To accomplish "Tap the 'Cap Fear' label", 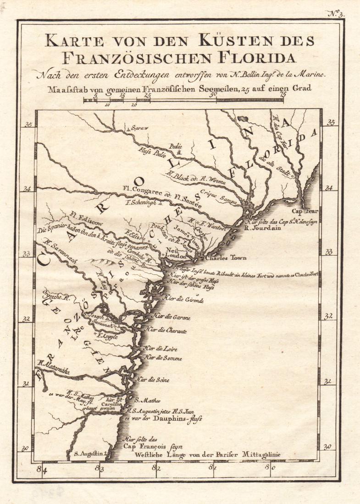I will coord(306,212).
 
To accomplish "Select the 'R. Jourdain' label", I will coord(263,226).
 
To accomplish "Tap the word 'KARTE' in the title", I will coord(71,41).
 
